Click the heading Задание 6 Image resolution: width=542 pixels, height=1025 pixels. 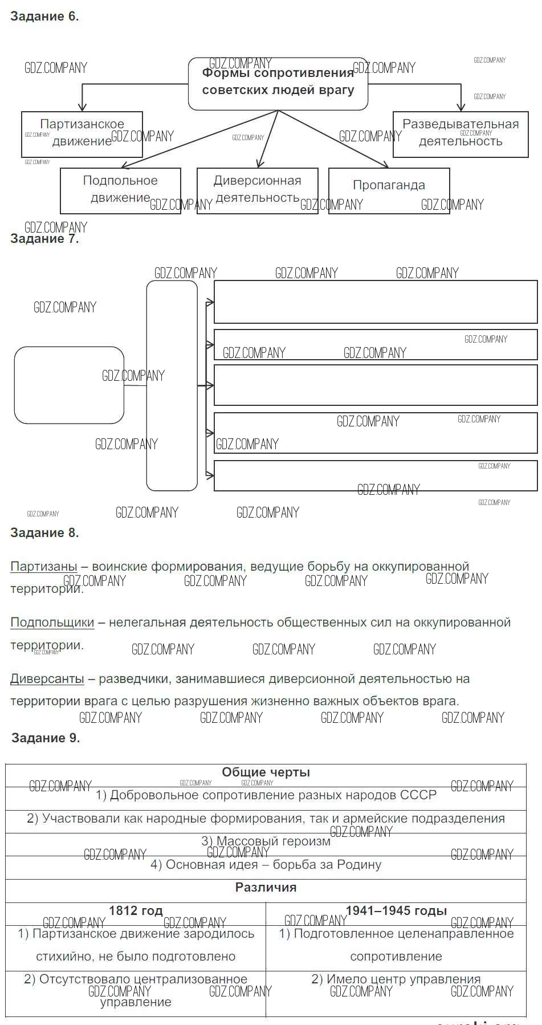pos(44,17)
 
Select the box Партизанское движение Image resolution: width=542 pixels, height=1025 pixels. pos(82,134)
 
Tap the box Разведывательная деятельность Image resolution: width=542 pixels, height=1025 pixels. pos(461,134)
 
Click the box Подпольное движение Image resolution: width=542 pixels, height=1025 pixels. pos(120,190)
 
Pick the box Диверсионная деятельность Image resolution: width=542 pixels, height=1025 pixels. pos(257,190)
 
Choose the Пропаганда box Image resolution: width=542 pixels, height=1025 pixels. pos(389,190)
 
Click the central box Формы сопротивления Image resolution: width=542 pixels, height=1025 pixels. pos(278,83)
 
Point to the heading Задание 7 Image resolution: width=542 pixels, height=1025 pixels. pos(44,239)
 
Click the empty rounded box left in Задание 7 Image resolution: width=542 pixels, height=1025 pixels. pos(69,385)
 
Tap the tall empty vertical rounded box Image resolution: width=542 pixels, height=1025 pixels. pos(172,385)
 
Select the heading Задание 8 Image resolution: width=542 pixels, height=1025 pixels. pos(44,533)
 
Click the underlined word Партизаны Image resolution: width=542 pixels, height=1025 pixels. pos(44,567)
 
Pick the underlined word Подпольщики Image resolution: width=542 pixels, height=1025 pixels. pos(52,623)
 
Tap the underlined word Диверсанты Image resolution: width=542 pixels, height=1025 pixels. pos(47,679)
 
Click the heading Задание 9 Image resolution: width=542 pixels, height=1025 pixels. pos(46,738)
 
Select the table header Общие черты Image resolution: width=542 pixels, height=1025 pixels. pos(266,772)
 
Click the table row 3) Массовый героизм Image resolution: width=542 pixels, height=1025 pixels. pos(266,841)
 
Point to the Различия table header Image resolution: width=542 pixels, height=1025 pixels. pos(266,888)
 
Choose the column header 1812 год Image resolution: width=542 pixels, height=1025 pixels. pos(136,911)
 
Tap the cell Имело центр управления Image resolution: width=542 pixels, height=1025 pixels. pos(396,979)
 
